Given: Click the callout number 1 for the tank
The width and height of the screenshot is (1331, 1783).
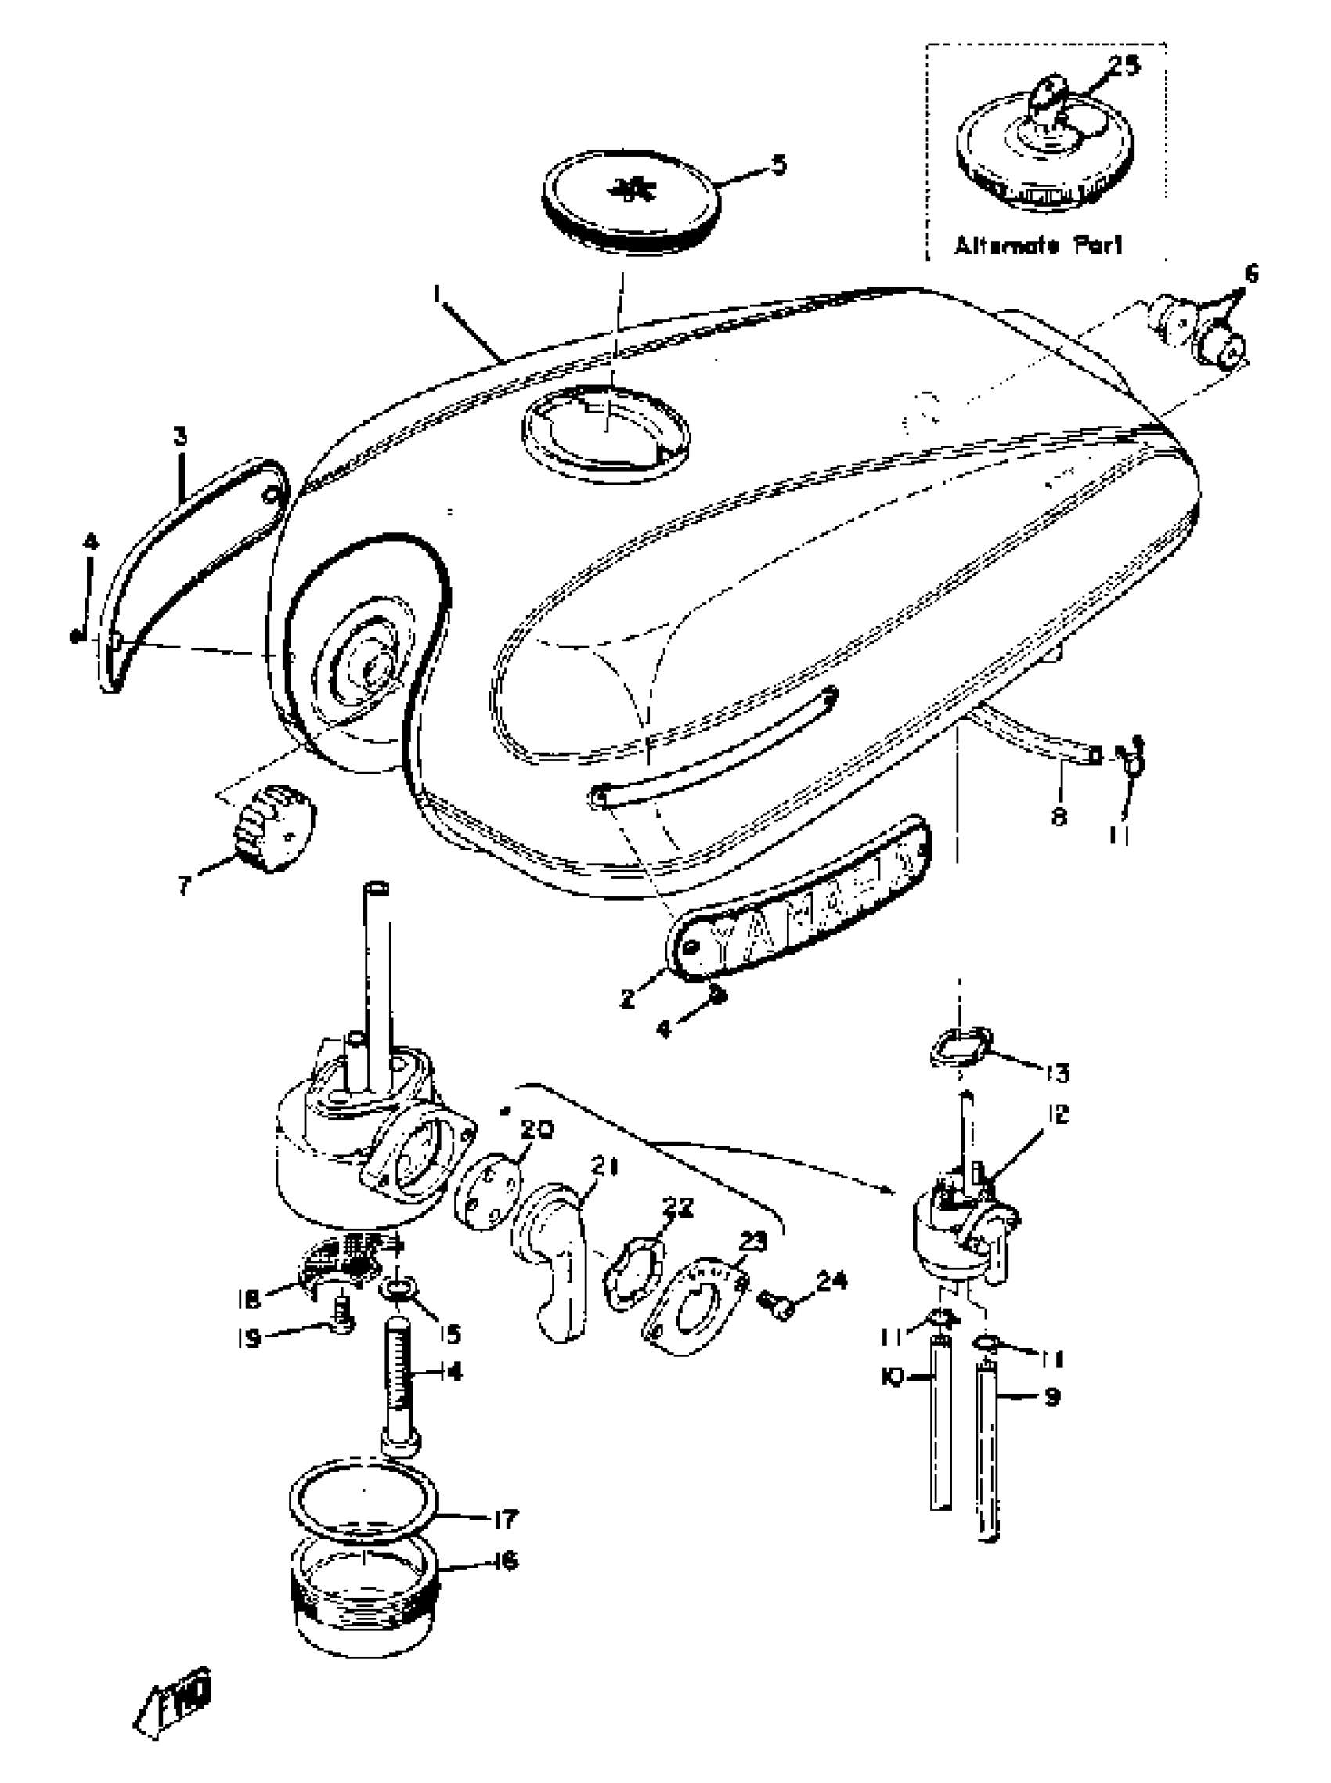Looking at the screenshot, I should (x=437, y=297).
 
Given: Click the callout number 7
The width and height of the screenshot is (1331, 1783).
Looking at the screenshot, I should (x=185, y=886).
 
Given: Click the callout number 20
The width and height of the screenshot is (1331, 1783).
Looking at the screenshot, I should (x=536, y=1131).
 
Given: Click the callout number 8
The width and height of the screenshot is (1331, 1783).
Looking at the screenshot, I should (x=1059, y=815).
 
